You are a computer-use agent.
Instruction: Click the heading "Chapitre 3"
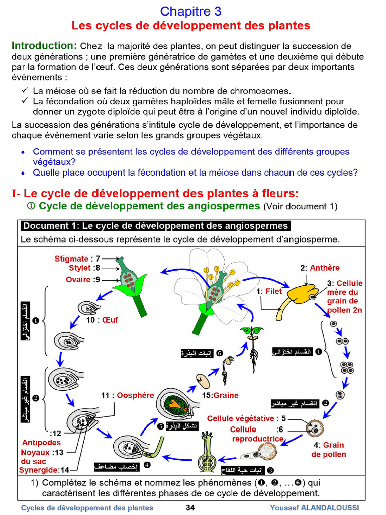pyautogui.click(x=190, y=11)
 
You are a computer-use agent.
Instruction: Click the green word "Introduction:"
pyautogui.click(x=44, y=46)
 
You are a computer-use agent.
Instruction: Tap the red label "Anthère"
pyautogui.click(x=325, y=268)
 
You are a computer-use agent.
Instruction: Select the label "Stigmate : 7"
pyautogui.click(x=78, y=259)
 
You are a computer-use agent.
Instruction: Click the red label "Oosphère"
pyautogui.click(x=135, y=395)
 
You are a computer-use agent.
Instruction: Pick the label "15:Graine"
pyautogui.click(x=220, y=395)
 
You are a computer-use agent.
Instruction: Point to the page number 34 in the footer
pyautogui.click(x=190, y=508)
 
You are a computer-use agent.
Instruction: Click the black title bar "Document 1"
pyautogui.click(x=155, y=226)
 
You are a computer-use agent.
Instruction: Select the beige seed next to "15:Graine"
pyautogui.click(x=202, y=380)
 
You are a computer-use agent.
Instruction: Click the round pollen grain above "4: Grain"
pyautogui.click(x=315, y=428)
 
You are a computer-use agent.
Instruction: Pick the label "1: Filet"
pyautogui.click(x=269, y=291)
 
